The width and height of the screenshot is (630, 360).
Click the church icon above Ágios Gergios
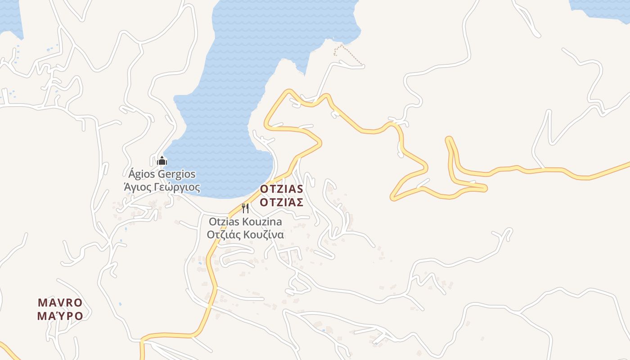(162, 160)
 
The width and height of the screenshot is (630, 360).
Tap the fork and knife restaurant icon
(245, 208)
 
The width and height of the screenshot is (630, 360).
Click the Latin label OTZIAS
(281, 189)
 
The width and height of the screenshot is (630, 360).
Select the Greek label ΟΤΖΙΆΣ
(281, 202)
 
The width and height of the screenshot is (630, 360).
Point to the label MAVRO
(60, 302)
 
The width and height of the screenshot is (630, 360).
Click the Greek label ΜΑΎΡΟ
(60, 316)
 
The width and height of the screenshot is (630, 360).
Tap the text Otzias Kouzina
(245, 222)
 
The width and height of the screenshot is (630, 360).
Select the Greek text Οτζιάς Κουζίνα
(245, 234)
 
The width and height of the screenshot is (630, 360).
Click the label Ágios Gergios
(162, 174)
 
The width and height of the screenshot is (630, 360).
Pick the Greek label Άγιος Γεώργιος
(162, 187)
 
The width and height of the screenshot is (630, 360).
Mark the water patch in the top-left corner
(10, 16)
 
